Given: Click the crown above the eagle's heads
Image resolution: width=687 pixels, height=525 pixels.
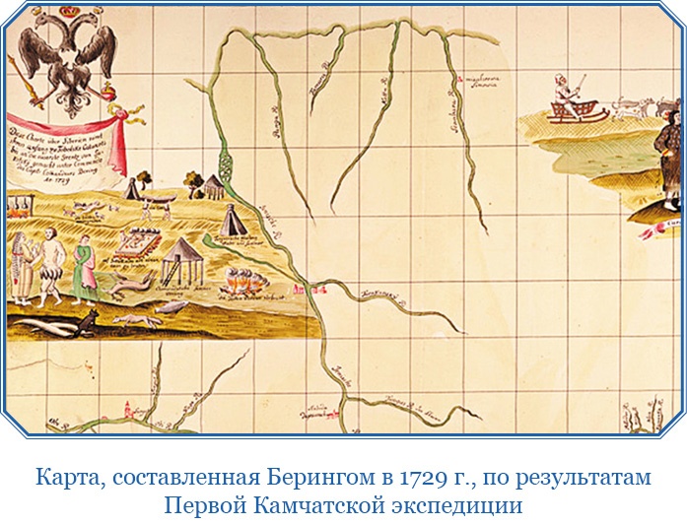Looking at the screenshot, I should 67,14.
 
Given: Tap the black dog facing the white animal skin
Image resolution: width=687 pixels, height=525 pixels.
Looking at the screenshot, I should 86,320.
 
